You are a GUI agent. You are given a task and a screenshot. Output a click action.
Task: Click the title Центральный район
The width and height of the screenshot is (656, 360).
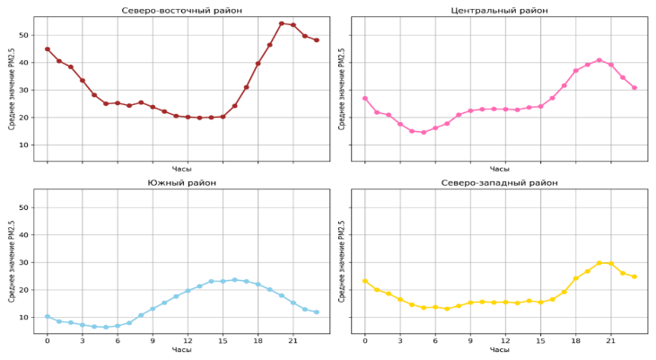tap(499, 10)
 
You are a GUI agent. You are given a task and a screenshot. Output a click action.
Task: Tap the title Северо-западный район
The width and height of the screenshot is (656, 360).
tap(499, 182)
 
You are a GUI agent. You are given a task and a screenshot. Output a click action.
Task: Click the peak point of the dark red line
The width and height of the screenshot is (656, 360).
tap(282, 23)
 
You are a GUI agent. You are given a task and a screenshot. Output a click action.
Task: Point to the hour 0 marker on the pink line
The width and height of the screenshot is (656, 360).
tap(364, 98)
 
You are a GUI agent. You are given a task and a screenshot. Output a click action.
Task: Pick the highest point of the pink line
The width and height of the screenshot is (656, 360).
tap(599, 60)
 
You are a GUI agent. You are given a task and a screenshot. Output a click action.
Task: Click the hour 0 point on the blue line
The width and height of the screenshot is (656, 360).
tap(47, 316)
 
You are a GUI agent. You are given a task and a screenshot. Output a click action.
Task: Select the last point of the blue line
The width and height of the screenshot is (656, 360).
tap(317, 312)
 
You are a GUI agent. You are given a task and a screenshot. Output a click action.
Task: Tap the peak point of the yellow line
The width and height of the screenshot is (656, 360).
tap(599, 263)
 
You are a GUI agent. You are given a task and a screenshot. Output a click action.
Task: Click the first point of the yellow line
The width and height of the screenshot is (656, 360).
tap(364, 280)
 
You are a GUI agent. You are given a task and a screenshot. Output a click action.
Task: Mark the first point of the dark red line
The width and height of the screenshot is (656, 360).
tap(47, 48)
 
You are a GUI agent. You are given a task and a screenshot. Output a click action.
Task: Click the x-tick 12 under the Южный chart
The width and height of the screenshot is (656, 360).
tap(188, 340)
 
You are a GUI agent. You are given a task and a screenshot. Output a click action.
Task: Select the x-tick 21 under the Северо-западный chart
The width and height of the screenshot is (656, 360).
tap(610, 340)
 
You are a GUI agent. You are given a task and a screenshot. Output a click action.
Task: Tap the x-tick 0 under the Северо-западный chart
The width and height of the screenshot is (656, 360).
tap(364, 340)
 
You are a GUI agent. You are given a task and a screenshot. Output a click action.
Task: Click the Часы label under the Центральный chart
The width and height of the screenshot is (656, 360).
tap(499, 169)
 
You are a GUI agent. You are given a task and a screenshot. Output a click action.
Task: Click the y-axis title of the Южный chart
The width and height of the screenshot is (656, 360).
tap(12, 261)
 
